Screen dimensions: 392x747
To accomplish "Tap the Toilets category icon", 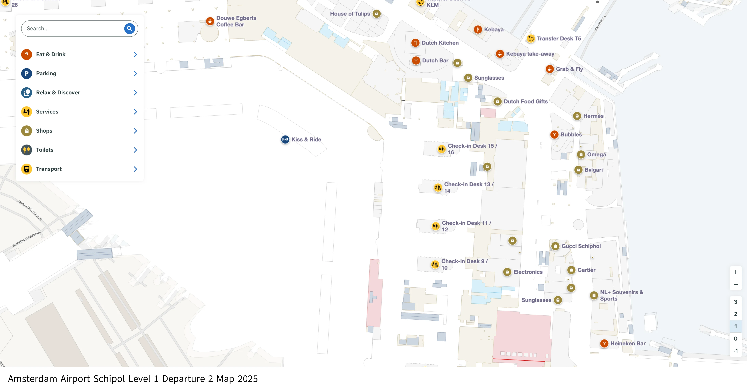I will tap(27, 150).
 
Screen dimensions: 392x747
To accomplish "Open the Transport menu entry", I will tap(49, 169).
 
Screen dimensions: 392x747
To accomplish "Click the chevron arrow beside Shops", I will tap(135, 131).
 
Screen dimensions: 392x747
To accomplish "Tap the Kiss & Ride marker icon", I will tap(285, 140).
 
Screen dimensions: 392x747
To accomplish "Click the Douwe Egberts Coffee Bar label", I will tap(236, 21).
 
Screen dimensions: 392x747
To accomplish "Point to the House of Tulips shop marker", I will tap(376, 14).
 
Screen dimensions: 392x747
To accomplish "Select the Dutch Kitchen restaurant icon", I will tap(415, 43).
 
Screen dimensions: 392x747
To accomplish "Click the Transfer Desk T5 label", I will tap(559, 39).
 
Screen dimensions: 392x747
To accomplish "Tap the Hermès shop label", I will tap(593, 116).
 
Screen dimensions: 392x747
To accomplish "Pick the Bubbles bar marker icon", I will tap(554, 134).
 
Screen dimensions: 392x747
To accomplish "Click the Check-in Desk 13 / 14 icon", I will tap(438, 187).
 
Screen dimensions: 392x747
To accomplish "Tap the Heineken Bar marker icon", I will tap(604, 343).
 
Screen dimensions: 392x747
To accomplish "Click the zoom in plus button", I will tap(735, 272).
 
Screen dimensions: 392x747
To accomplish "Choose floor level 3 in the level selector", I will tap(735, 302).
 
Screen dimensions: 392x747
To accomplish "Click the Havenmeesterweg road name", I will tap(30, 210).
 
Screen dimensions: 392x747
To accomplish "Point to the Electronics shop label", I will tap(528, 272).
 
